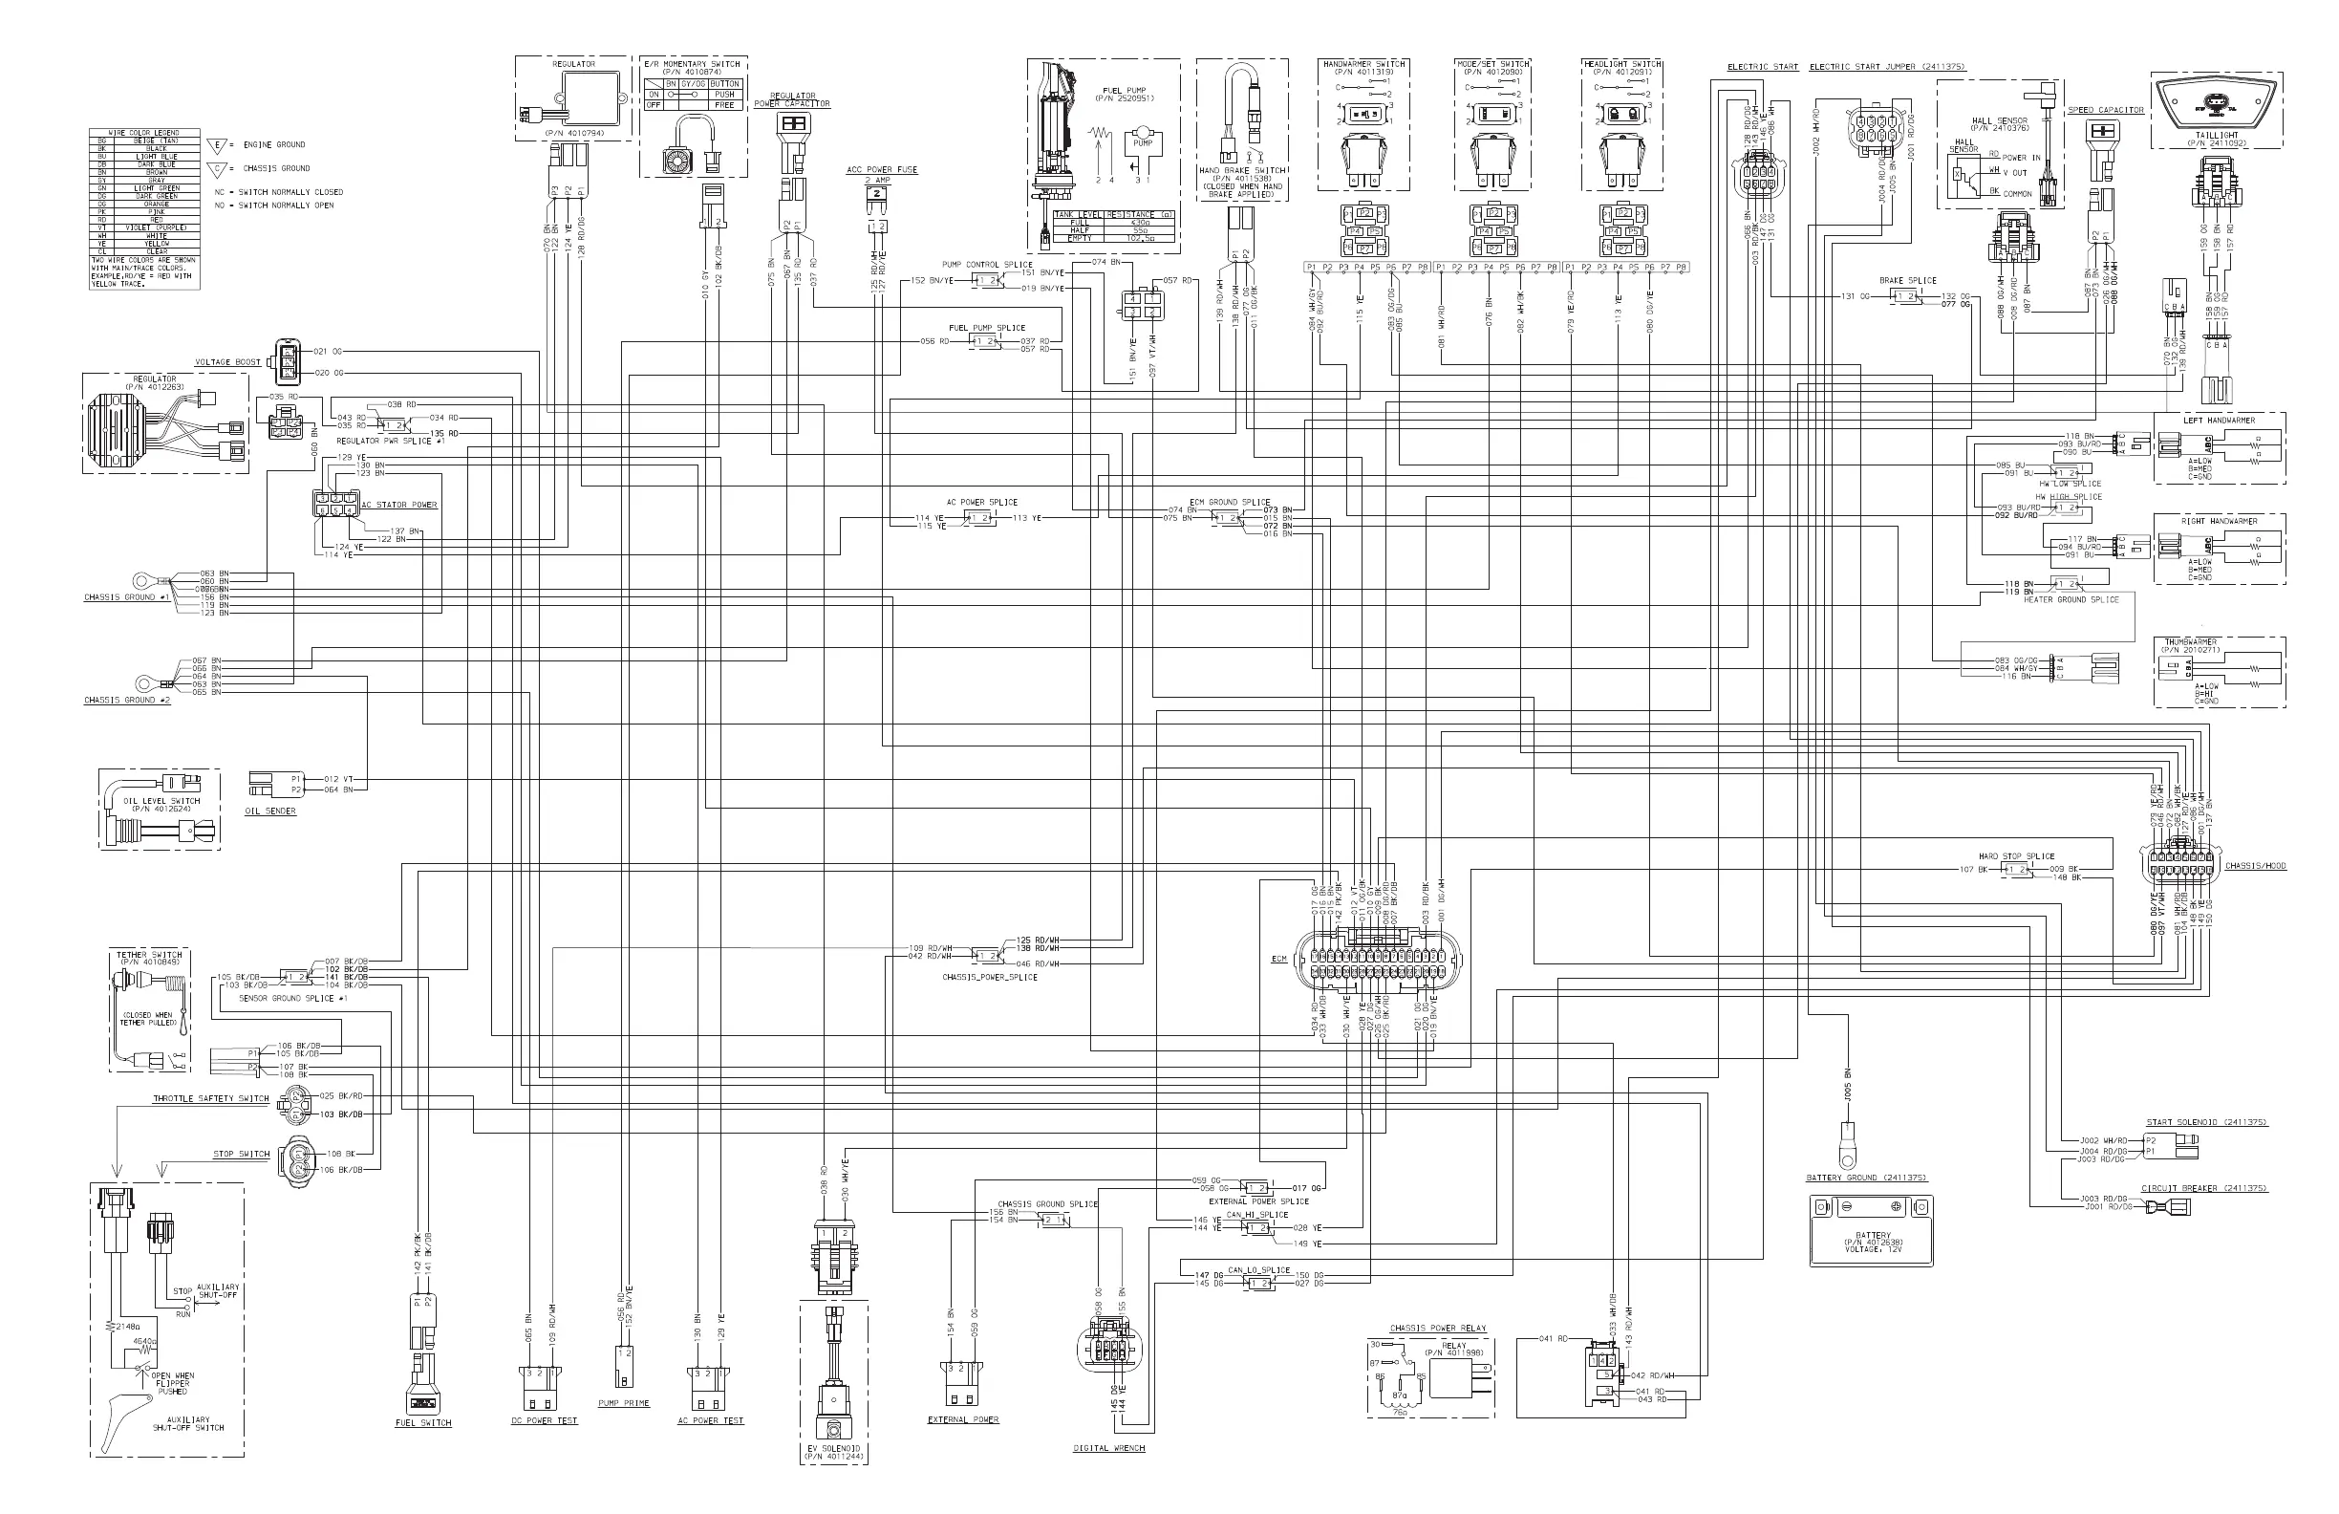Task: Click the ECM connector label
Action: coord(1278,959)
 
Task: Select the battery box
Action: coord(1871,1231)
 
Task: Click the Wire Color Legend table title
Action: coord(143,133)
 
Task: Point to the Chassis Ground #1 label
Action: coord(127,597)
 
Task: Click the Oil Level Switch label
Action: coord(161,800)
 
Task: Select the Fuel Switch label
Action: coord(422,1422)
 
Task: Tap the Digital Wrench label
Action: coord(1108,1447)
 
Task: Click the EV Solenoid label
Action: coord(833,1448)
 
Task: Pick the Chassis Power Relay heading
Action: coord(1438,1329)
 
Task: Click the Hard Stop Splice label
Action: coord(2017,856)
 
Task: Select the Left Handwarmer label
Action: coord(2218,421)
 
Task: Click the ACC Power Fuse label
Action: coord(882,170)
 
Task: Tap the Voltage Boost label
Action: coord(228,363)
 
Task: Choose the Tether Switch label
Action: coord(149,955)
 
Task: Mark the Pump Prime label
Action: coord(624,1403)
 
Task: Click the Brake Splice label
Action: coord(1907,280)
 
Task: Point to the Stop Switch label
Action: coord(241,1155)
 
